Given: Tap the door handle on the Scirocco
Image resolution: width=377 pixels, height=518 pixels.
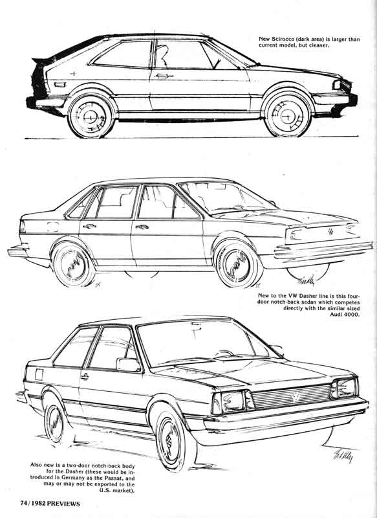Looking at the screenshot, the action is tap(164, 76).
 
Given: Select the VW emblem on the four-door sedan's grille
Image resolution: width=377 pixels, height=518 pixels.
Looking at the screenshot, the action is tap(331, 231).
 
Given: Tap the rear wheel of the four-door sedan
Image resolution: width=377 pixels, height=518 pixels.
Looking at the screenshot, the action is tap(74, 264).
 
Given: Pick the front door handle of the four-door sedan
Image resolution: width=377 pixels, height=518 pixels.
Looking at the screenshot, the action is tap(142, 227).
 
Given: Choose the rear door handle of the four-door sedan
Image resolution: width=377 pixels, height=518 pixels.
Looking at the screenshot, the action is tap(89, 226).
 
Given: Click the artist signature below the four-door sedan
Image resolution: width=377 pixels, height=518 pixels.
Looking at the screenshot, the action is tap(307, 281).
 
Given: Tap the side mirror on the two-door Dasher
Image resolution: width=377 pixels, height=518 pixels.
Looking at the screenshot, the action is tap(128, 365).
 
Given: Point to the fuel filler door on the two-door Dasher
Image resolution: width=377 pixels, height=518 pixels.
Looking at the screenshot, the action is tap(39, 374).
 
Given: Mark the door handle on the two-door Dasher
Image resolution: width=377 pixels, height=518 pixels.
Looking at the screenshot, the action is tap(85, 376).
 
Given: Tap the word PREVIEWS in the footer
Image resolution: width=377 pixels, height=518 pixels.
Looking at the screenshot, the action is tap(63, 504).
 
